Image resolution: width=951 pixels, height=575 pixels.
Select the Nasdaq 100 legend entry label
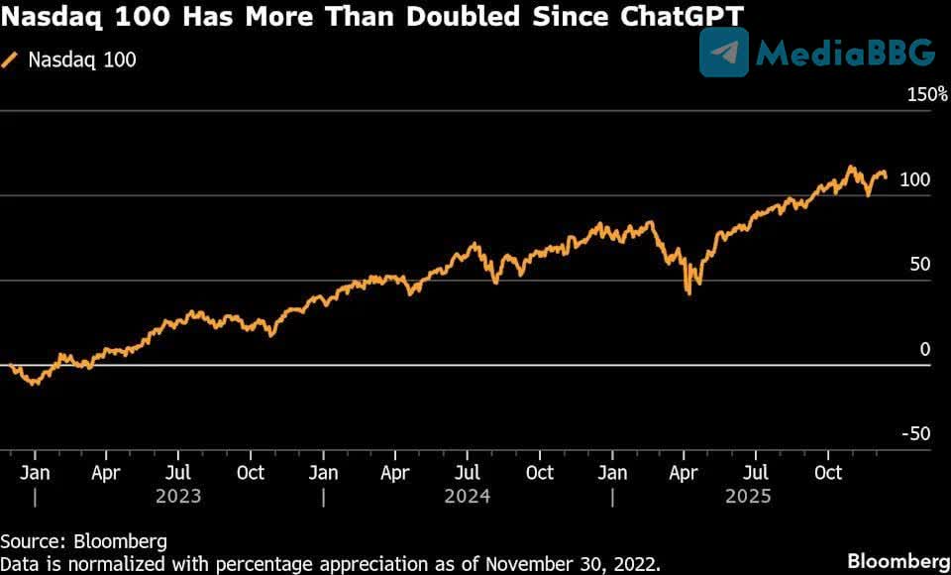click(x=82, y=59)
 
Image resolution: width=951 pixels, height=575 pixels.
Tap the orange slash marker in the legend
click(x=11, y=59)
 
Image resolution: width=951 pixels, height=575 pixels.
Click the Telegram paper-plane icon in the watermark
click(x=724, y=53)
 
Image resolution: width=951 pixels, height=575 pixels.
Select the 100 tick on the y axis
click(x=914, y=179)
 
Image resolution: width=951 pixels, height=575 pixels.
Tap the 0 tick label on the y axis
click(x=924, y=349)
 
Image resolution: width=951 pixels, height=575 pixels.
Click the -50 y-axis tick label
click(x=915, y=433)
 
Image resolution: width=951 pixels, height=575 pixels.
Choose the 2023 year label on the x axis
click(x=178, y=495)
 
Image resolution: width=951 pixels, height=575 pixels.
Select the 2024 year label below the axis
click(x=468, y=495)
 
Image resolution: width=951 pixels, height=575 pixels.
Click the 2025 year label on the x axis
click(x=756, y=495)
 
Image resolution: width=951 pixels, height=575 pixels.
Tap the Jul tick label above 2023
click(x=178, y=472)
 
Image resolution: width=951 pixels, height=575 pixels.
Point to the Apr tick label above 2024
click(x=395, y=472)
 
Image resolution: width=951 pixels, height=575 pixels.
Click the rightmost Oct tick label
click(x=829, y=472)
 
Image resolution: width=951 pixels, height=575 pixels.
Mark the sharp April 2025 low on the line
click(x=688, y=293)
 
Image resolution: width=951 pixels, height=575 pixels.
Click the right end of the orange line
click(x=886, y=176)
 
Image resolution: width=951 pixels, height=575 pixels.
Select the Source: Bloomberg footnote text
click(x=83, y=541)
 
